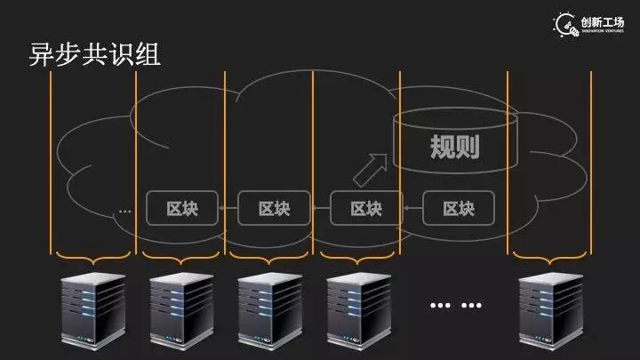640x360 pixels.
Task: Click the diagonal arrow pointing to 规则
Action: click(371, 165)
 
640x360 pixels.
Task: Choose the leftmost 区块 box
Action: click(182, 209)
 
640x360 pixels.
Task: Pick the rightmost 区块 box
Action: click(459, 209)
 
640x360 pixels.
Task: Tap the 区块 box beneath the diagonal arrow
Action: click(366, 209)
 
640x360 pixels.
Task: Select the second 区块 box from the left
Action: click(274, 209)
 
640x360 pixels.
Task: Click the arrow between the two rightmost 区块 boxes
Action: click(412, 209)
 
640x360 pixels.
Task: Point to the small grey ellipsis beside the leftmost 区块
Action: click(124, 212)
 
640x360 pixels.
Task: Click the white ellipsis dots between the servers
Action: click(455, 306)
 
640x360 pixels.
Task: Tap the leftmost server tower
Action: click(92, 310)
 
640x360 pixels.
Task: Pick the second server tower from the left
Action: click(181, 310)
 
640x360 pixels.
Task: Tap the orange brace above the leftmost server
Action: click(92, 259)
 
